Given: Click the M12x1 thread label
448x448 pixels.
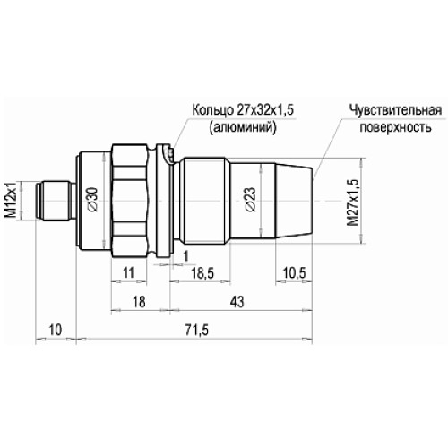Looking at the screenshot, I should [12, 197].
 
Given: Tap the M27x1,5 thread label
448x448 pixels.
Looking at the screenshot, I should [352, 201].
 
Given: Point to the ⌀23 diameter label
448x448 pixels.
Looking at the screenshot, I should [249, 199].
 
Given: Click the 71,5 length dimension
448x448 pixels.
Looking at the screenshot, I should [194, 332].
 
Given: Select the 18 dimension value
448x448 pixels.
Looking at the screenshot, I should [138, 304].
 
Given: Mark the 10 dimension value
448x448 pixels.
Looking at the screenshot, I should [56, 332].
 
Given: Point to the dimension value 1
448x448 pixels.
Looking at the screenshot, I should [185, 257].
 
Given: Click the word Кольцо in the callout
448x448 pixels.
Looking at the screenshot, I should [211, 110].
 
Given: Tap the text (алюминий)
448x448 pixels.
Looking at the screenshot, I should [241, 127].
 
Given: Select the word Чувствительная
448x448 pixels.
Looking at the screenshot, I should [394, 110].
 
